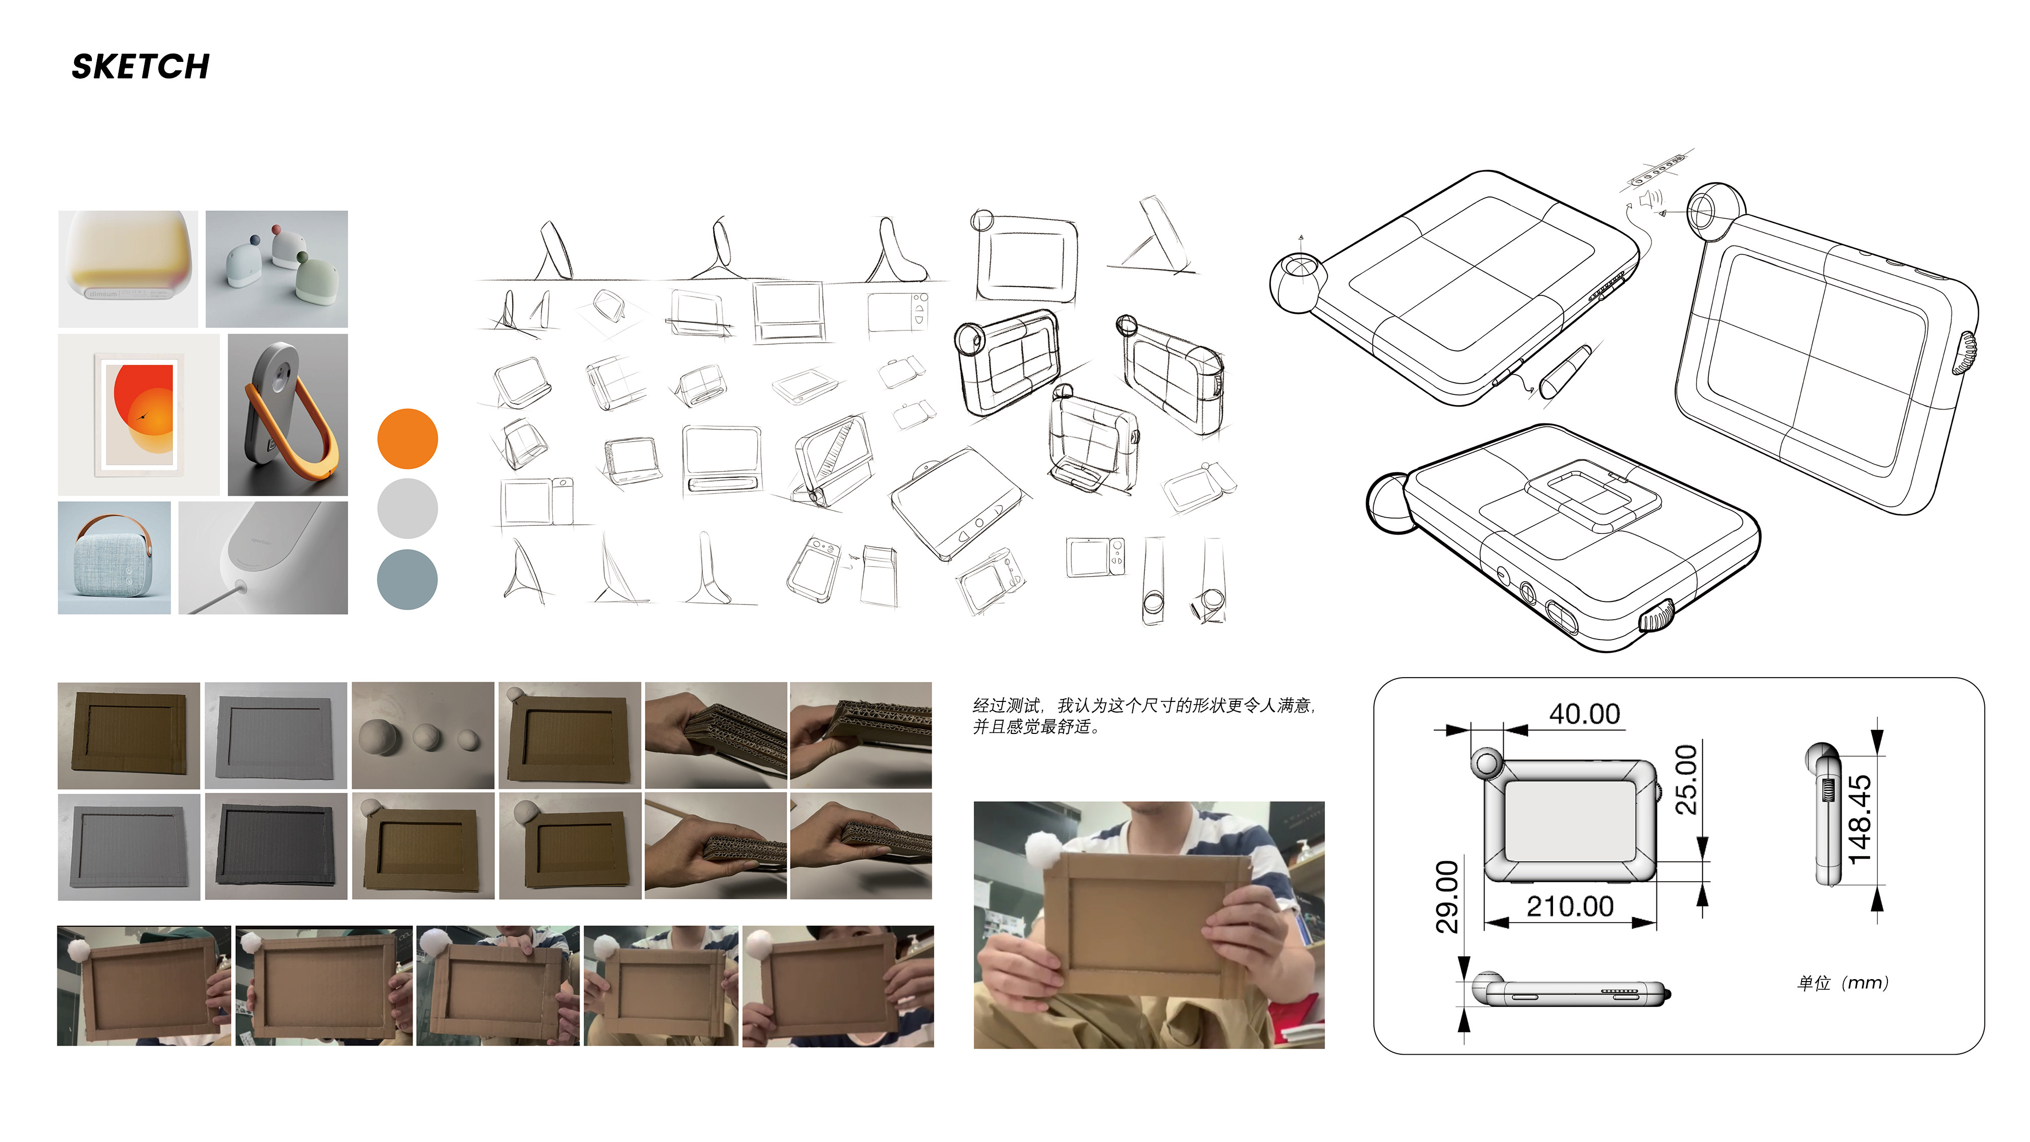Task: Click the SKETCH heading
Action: (140, 67)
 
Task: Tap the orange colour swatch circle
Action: (408, 439)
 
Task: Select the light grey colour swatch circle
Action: (408, 509)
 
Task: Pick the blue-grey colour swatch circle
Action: (408, 579)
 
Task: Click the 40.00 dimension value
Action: (1584, 714)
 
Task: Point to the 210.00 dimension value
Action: (1570, 906)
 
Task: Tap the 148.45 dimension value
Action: (1860, 820)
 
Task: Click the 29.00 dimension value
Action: (1447, 897)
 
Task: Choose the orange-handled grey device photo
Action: (288, 415)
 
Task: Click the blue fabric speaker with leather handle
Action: (114, 558)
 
